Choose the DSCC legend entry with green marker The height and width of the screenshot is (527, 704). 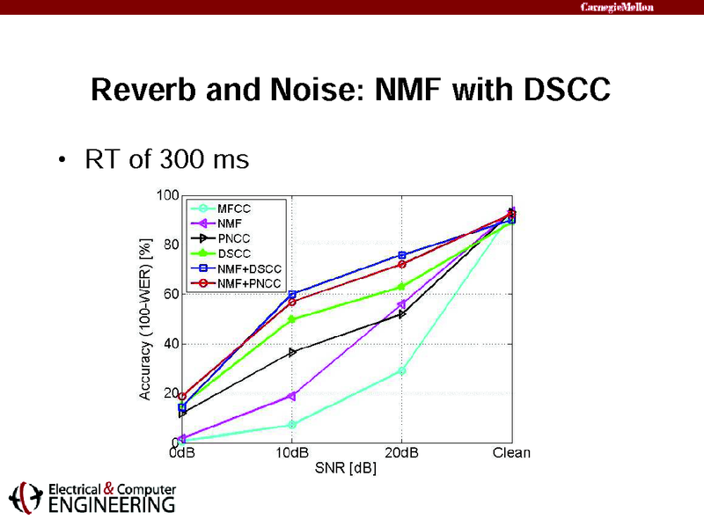(232, 253)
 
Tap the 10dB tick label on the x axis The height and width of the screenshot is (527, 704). (290, 453)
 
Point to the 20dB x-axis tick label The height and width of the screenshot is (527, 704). (401, 453)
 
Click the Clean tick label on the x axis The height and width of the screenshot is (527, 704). (511, 453)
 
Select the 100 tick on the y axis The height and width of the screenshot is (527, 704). (167, 194)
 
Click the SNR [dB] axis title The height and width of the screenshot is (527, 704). (346, 468)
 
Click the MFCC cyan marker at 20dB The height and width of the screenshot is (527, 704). (401, 370)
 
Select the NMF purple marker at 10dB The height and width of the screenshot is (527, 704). (291, 396)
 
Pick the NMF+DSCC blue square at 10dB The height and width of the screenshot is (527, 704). (291, 294)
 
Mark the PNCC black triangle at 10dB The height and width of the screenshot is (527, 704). (291, 352)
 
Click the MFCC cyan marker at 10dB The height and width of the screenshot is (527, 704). (291, 425)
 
